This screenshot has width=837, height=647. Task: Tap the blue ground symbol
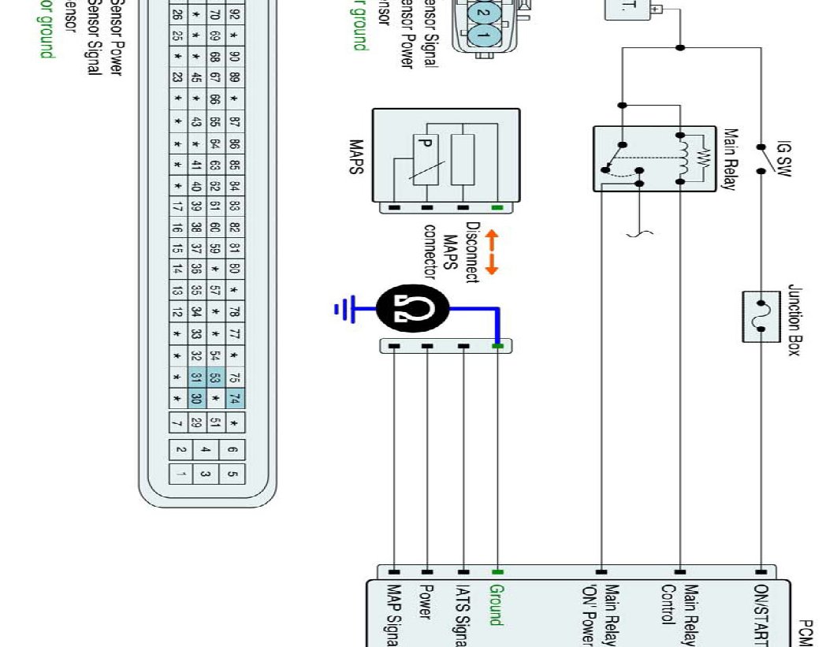[344, 309]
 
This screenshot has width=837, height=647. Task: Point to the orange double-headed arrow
[491, 252]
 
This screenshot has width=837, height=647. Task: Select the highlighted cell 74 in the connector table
[235, 399]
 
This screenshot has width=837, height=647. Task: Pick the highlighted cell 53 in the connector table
[215, 377]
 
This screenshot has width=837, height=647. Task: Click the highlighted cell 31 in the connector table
[197, 377]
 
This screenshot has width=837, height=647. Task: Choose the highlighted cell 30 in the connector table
[197, 399]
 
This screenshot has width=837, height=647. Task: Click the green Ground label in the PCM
[496, 604]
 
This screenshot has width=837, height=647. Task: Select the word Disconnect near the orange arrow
[472, 252]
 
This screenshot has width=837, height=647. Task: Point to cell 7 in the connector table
[178, 423]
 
